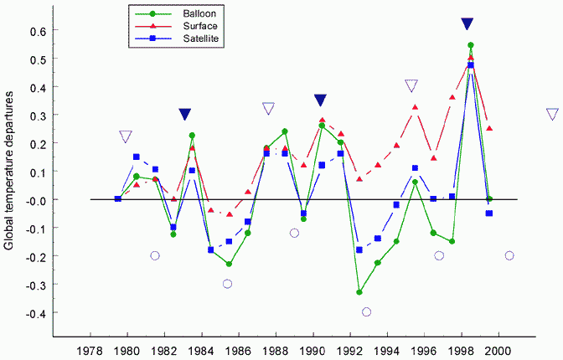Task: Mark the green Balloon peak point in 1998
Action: (471, 45)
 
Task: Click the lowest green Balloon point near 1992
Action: (359, 292)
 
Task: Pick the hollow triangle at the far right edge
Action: (553, 114)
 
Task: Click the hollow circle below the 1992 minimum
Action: (366, 311)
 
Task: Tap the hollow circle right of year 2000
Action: (509, 255)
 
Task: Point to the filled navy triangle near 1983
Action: (185, 114)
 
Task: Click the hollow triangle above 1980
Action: (126, 136)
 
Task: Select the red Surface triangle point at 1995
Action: (415, 107)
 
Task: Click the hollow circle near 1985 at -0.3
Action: (227, 284)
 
